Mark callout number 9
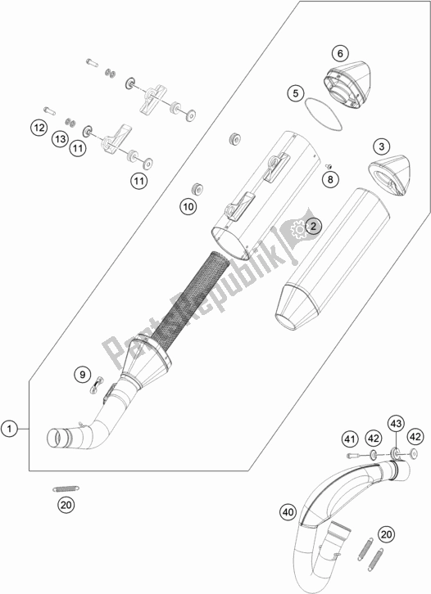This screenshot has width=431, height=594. [82, 376]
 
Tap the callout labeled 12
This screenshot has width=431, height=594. [38, 127]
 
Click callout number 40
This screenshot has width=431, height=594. [288, 513]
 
